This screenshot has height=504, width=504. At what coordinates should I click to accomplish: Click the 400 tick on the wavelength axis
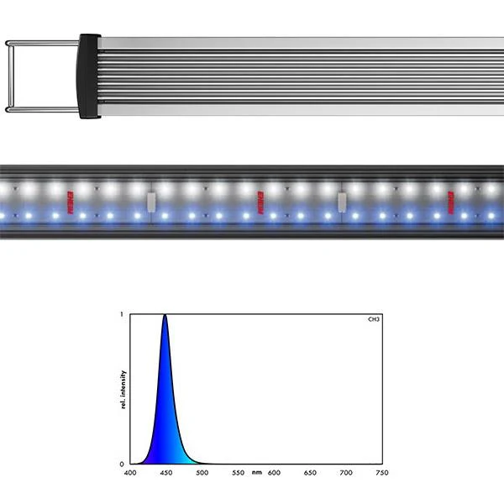point(130,473)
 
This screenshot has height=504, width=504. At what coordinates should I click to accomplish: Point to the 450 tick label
point(165,473)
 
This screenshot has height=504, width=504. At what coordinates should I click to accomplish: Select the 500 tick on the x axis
point(202,473)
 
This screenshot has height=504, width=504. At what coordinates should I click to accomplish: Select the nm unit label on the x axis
point(255,473)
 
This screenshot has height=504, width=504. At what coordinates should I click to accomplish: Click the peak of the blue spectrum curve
point(165,317)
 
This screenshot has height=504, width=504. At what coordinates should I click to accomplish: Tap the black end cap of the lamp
point(89,76)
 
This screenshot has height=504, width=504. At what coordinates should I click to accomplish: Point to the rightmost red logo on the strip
point(449,202)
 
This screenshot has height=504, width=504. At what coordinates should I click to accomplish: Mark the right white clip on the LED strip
point(342,202)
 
